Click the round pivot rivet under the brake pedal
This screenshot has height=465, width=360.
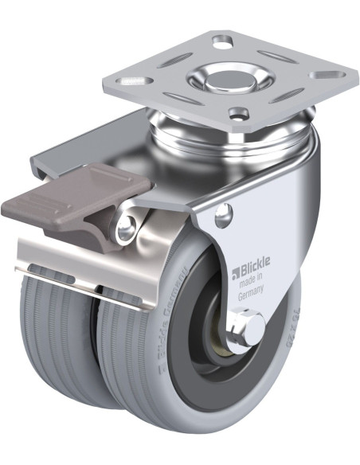[x=126, y=230]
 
